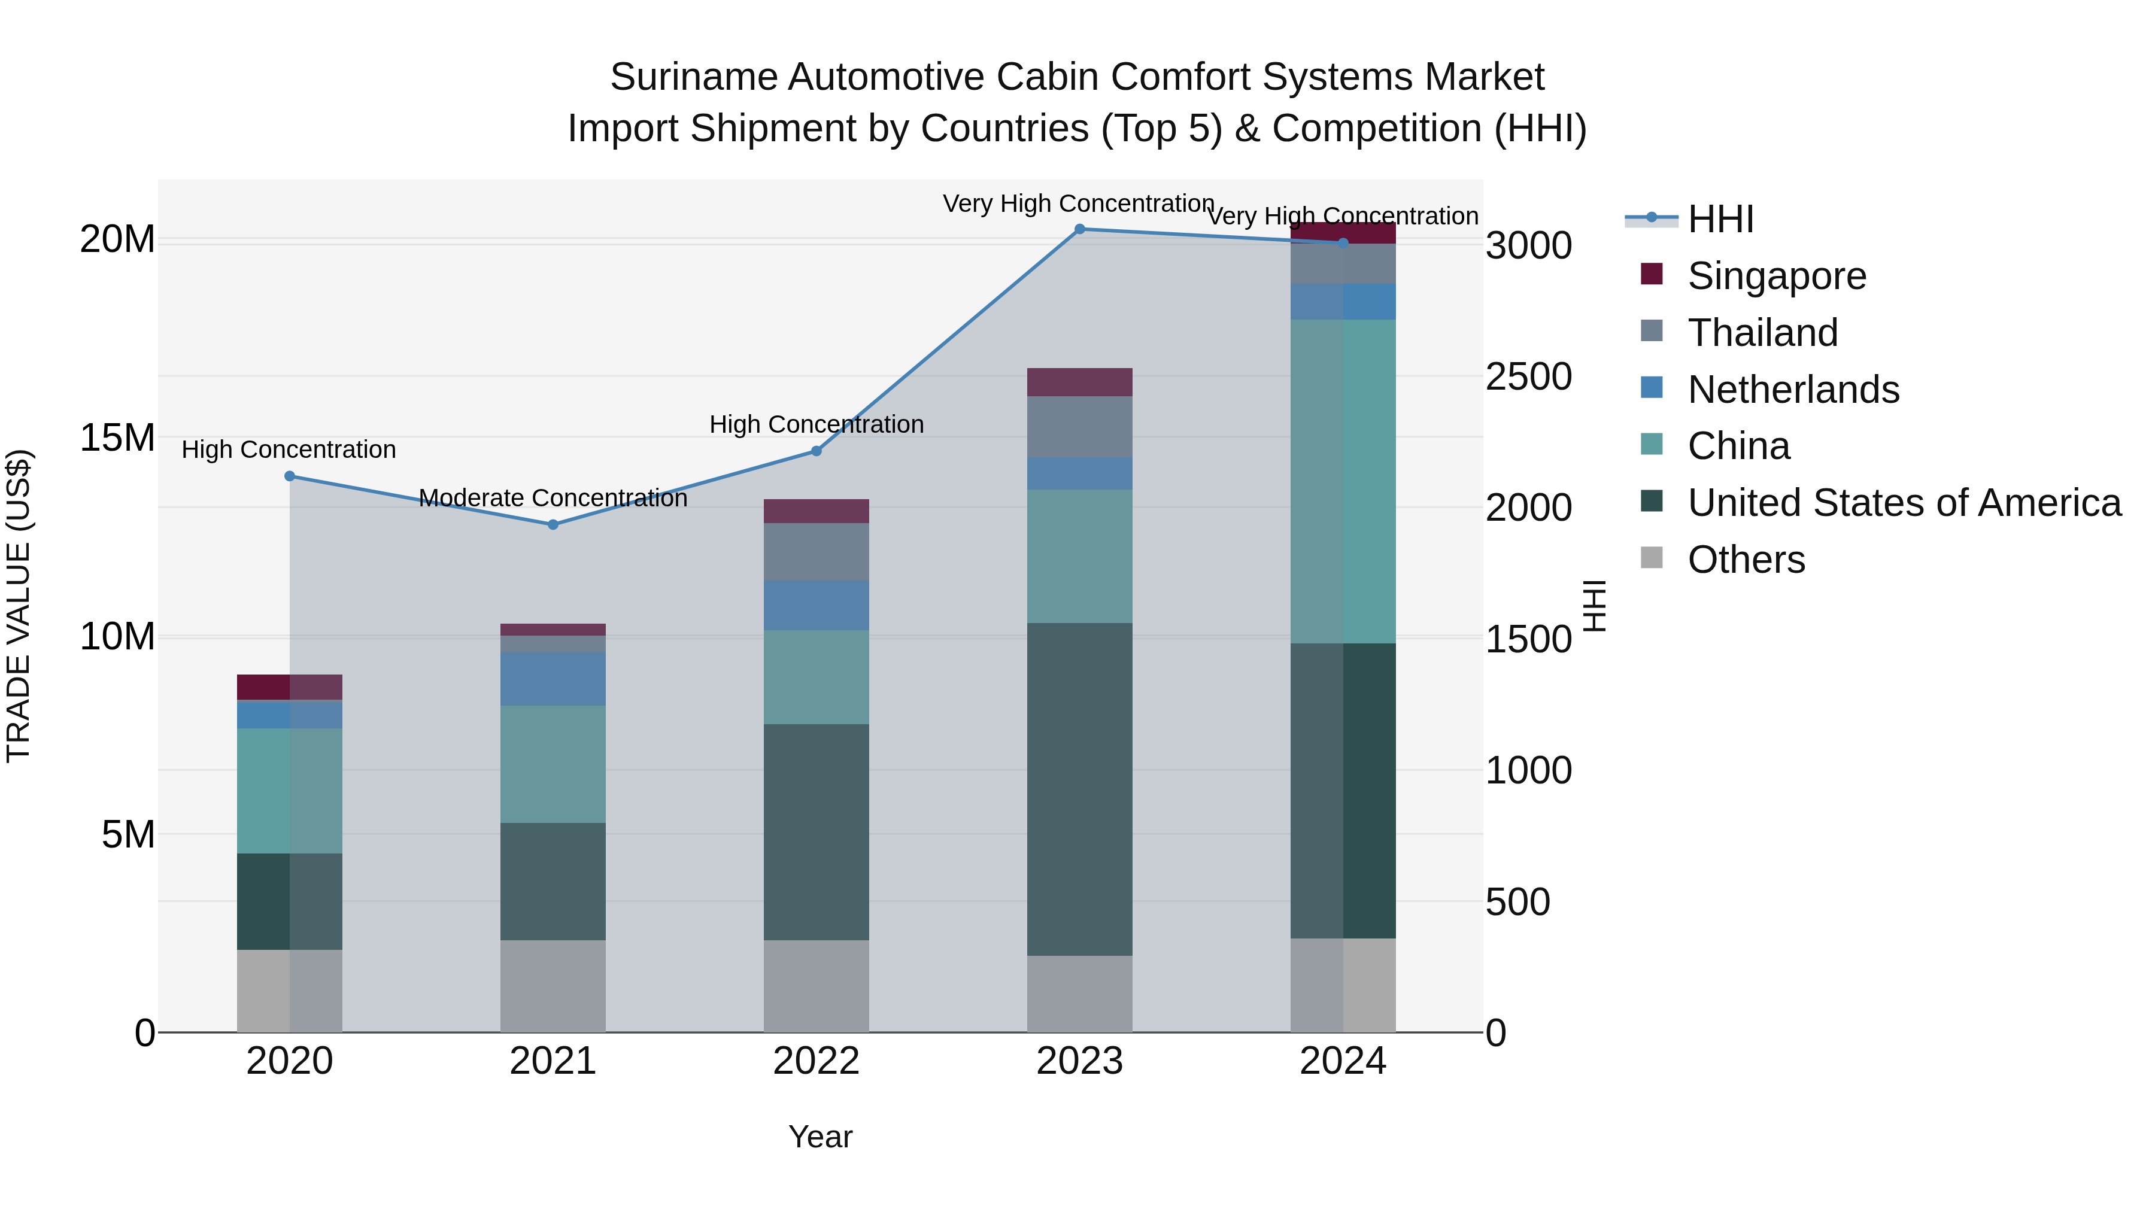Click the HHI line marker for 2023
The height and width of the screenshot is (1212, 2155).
[1079, 229]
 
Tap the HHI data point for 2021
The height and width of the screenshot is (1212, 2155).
[553, 524]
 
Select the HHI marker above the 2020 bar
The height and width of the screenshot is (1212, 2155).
[290, 476]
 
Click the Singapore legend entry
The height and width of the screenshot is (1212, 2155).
[1776, 276]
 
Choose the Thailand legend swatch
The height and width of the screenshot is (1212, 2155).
[1652, 331]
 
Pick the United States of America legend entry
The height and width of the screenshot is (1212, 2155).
[1903, 503]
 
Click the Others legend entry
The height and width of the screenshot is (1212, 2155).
[1746, 560]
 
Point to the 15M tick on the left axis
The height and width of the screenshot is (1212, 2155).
[117, 438]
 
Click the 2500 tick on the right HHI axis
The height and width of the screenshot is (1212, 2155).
[1528, 377]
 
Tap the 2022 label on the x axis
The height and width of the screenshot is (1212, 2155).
[816, 1061]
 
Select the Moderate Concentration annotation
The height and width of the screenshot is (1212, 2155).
[553, 499]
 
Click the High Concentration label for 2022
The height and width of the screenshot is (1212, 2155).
[817, 425]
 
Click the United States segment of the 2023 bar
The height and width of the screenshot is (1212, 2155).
[1079, 789]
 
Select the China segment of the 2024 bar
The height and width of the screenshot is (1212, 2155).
[1343, 481]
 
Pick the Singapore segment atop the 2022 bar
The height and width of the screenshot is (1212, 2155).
[816, 511]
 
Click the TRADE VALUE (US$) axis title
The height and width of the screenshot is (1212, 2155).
[19, 606]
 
